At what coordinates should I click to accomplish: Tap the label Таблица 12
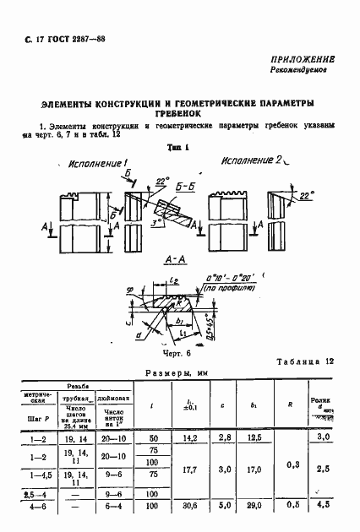308,361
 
